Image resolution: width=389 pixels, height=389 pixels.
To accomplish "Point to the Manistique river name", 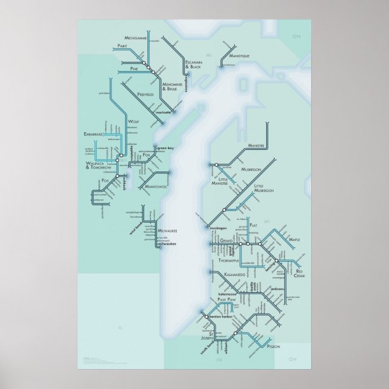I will click(237, 54).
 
